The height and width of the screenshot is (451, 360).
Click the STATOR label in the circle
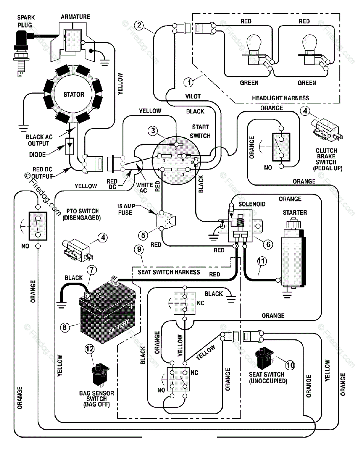(x=74, y=94)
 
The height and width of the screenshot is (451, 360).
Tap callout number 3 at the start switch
(x=152, y=131)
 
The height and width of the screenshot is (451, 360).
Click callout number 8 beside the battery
(x=65, y=327)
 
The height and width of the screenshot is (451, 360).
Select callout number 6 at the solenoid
(x=267, y=244)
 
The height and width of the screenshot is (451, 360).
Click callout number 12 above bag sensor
(x=90, y=349)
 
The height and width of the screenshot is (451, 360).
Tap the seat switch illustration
(x=265, y=359)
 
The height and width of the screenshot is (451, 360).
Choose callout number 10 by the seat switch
(x=290, y=364)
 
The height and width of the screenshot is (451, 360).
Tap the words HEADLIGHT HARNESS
(x=280, y=98)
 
